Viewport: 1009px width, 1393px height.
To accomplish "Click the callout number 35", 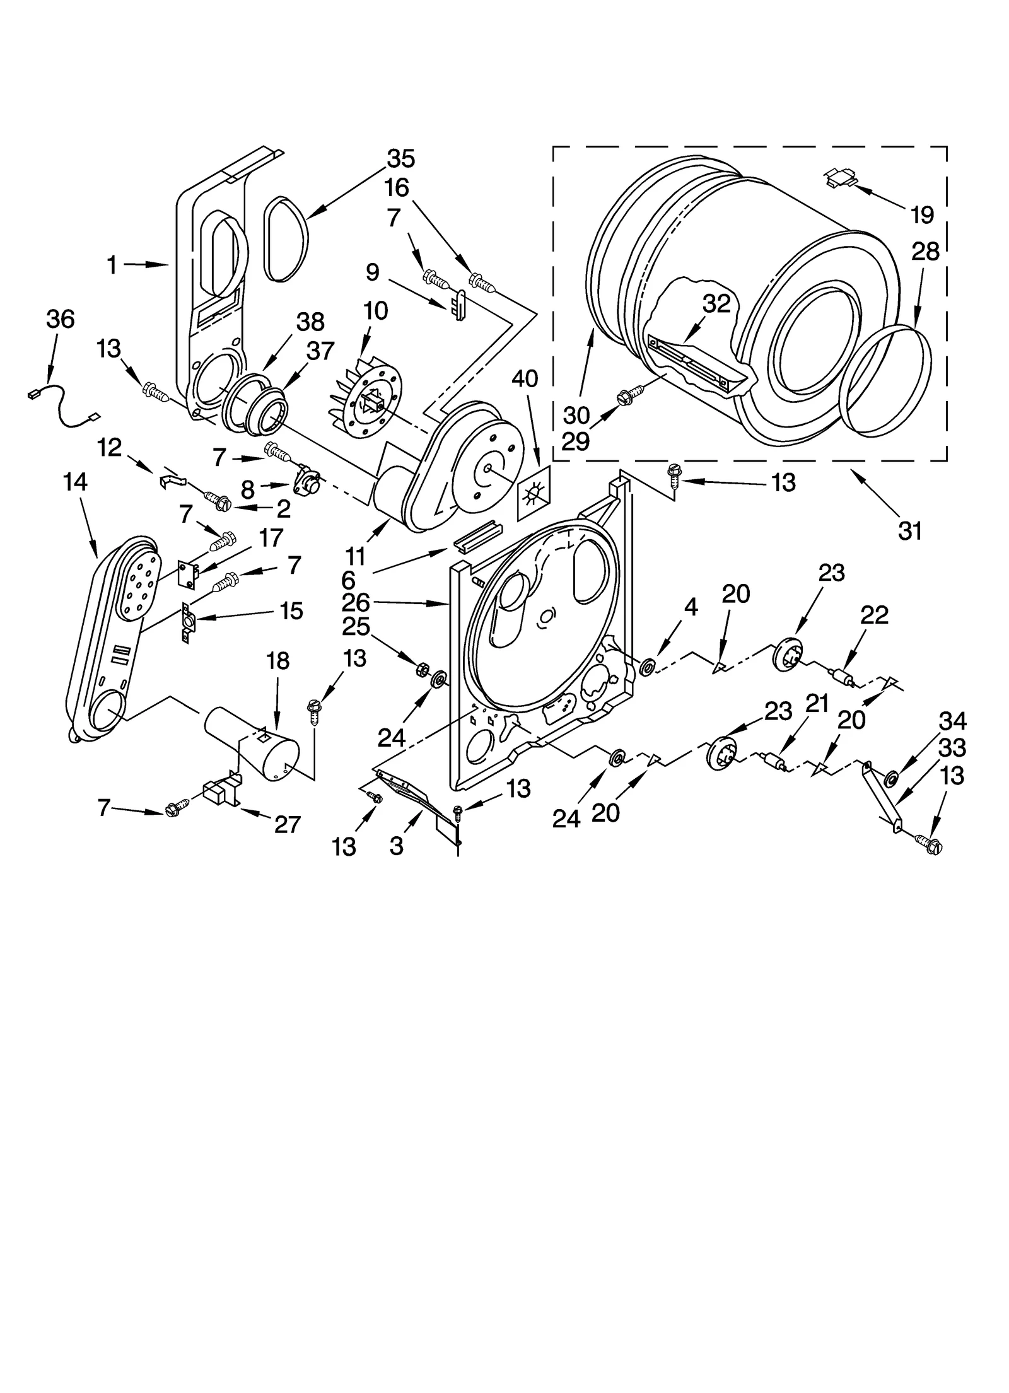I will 401,159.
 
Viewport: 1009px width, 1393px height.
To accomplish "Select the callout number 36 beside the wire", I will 61,319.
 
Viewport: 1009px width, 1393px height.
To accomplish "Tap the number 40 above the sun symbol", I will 525,378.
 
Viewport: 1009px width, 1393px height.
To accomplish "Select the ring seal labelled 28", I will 889,382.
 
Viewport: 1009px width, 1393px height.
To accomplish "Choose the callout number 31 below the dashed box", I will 910,531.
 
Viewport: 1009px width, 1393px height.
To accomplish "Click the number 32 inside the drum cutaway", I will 717,303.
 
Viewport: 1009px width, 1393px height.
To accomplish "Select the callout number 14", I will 75,482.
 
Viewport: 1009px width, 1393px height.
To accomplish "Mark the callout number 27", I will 287,824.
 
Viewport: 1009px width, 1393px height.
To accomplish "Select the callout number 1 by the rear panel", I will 112,265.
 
